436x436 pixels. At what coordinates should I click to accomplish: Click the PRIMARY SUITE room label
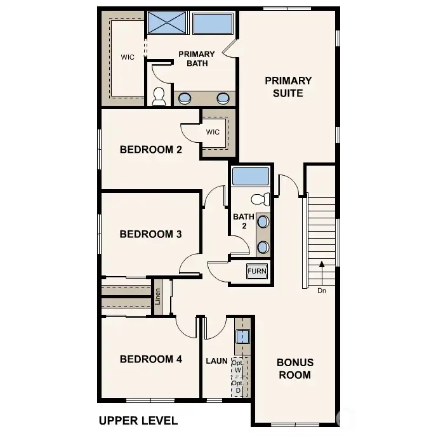(x=288, y=87)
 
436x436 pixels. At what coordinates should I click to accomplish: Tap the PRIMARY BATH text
(x=196, y=58)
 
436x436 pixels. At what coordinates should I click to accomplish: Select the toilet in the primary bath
(x=159, y=96)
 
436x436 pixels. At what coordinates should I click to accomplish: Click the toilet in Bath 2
(x=260, y=199)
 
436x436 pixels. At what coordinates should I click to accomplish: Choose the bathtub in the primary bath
(x=213, y=23)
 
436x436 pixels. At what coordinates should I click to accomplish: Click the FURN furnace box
(x=257, y=271)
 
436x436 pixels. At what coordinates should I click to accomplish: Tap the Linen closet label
(x=158, y=297)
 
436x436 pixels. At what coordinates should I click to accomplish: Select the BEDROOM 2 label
(x=151, y=150)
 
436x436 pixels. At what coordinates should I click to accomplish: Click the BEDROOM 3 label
(x=151, y=234)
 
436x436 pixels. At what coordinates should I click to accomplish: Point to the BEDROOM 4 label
(x=151, y=359)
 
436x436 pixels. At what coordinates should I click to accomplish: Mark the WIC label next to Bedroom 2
(x=213, y=132)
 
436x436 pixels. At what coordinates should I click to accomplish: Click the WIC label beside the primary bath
(x=128, y=57)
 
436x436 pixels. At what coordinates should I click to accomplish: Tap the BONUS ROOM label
(x=295, y=369)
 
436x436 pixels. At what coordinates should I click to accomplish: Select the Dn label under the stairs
(x=322, y=291)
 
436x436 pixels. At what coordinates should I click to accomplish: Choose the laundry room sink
(x=242, y=337)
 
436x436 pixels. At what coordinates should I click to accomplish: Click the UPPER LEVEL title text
(x=138, y=420)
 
